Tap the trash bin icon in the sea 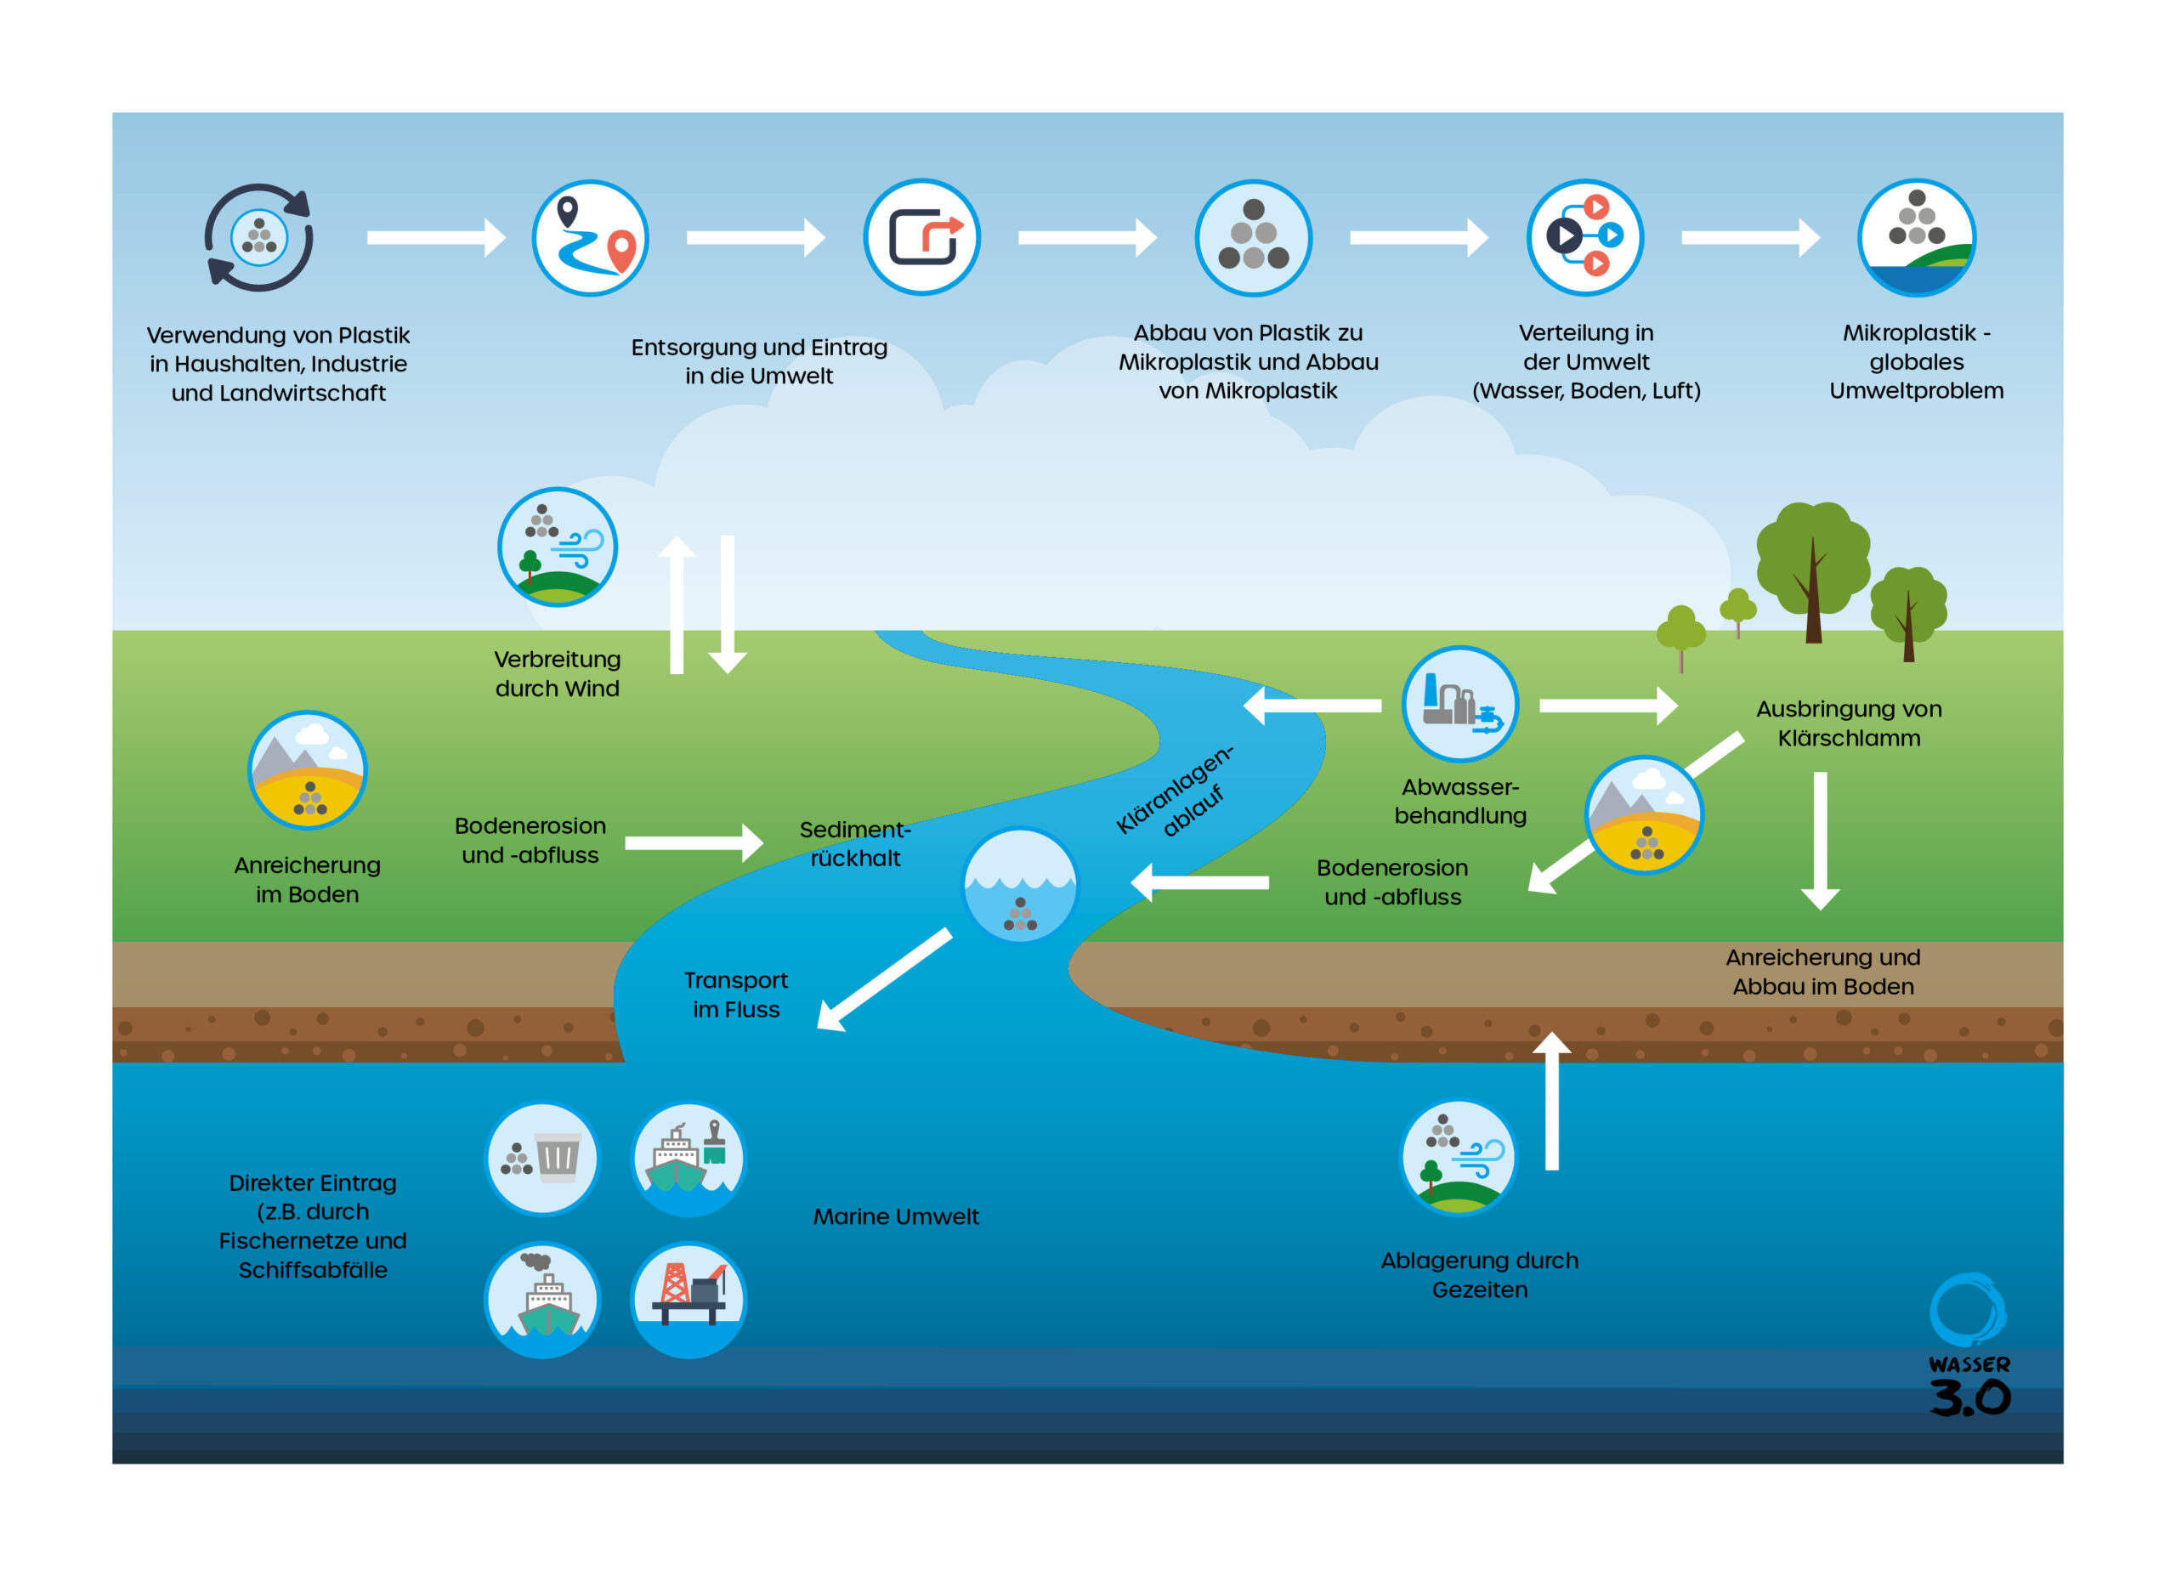pyautogui.click(x=542, y=1159)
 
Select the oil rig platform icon pyautogui.click(x=688, y=1300)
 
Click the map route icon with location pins pyautogui.click(x=591, y=238)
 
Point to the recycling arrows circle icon pyautogui.click(x=259, y=237)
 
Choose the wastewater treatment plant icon pyautogui.click(x=1459, y=704)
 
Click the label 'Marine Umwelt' pyautogui.click(x=896, y=1217)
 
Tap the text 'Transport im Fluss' pyautogui.click(x=736, y=995)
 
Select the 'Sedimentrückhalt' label pyautogui.click(x=855, y=844)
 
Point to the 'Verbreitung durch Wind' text pyautogui.click(x=558, y=673)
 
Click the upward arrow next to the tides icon pyautogui.click(x=1551, y=1103)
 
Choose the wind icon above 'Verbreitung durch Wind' pyautogui.click(x=558, y=547)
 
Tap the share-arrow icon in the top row pyautogui.click(x=922, y=237)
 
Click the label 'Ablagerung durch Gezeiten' pyautogui.click(x=1480, y=1275)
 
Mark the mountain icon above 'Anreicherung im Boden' pyautogui.click(x=307, y=769)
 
